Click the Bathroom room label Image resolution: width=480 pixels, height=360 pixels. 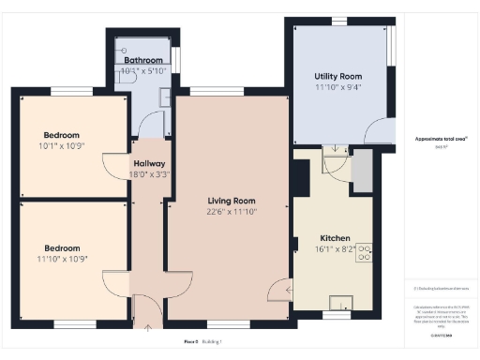pyautogui.click(x=143, y=60)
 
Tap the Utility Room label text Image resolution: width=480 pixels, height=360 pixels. pyautogui.click(x=337, y=77)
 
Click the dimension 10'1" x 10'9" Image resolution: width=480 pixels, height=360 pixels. pyautogui.click(x=61, y=145)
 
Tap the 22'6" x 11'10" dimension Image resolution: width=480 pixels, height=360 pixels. pyautogui.click(x=232, y=212)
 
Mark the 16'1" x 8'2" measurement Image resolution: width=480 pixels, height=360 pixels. pyautogui.click(x=336, y=249)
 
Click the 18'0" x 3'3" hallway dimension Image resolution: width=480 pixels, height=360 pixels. pyautogui.click(x=149, y=173)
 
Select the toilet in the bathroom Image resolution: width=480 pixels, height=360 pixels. pyautogui.click(x=125, y=51)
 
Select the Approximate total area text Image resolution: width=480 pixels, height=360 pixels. pyautogui.click(x=441, y=139)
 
